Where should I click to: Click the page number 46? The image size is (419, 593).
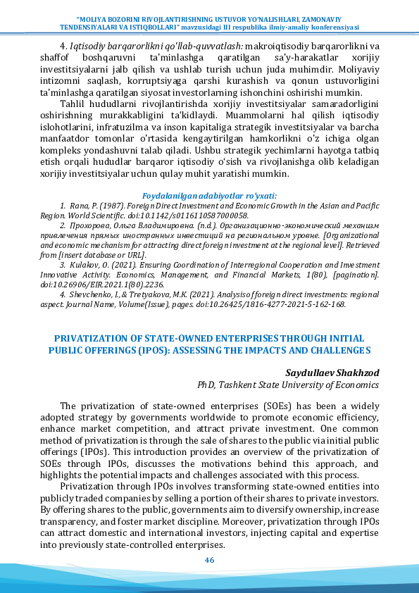tap(209, 560)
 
